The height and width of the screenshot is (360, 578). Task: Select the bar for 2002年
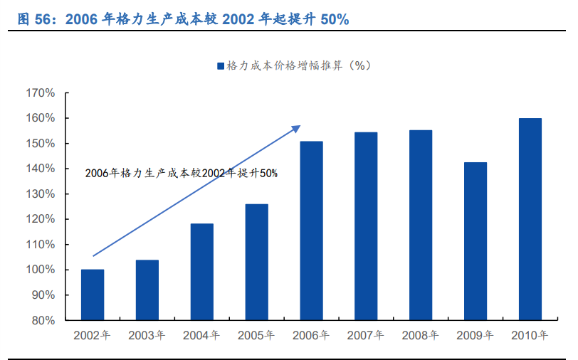click(93, 295)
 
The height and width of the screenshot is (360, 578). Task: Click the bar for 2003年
click(147, 290)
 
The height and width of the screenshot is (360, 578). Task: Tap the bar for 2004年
click(202, 272)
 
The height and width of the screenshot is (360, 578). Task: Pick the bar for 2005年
click(257, 262)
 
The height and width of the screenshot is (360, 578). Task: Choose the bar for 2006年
click(311, 231)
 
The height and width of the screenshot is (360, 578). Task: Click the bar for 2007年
click(366, 226)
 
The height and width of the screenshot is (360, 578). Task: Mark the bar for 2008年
click(421, 225)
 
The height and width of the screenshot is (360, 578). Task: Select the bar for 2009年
click(475, 241)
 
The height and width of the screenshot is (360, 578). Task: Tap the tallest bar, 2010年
click(530, 219)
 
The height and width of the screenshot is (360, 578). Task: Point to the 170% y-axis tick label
click(40, 93)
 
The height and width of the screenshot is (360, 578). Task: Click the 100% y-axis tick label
click(40, 270)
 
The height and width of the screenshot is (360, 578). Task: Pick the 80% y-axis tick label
click(43, 321)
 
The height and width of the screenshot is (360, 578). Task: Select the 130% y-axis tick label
click(40, 194)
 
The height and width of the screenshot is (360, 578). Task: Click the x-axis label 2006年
click(311, 336)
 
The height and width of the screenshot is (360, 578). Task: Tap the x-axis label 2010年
click(530, 336)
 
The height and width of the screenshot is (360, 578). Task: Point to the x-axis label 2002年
click(93, 336)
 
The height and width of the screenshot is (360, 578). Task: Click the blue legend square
click(221, 65)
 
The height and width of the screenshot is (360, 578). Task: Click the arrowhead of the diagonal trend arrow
click(298, 127)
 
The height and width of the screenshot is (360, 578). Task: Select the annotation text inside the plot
click(181, 173)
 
